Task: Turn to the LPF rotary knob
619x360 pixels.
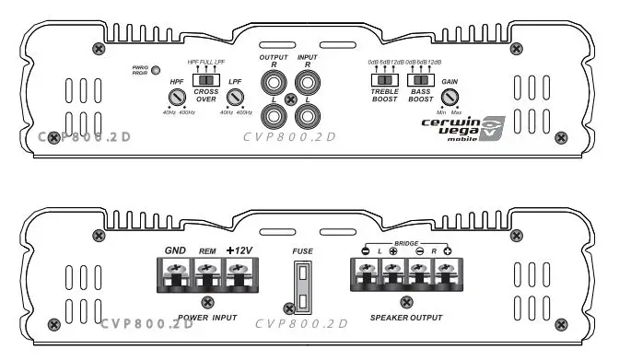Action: (x=236, y=98)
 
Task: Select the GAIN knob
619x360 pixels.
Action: (x=450, y=97)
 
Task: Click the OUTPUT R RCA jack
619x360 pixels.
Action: (x=274, y=84)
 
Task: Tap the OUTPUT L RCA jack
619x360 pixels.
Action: (x=274, y=116)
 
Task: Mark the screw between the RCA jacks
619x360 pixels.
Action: (x=290, y=99)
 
